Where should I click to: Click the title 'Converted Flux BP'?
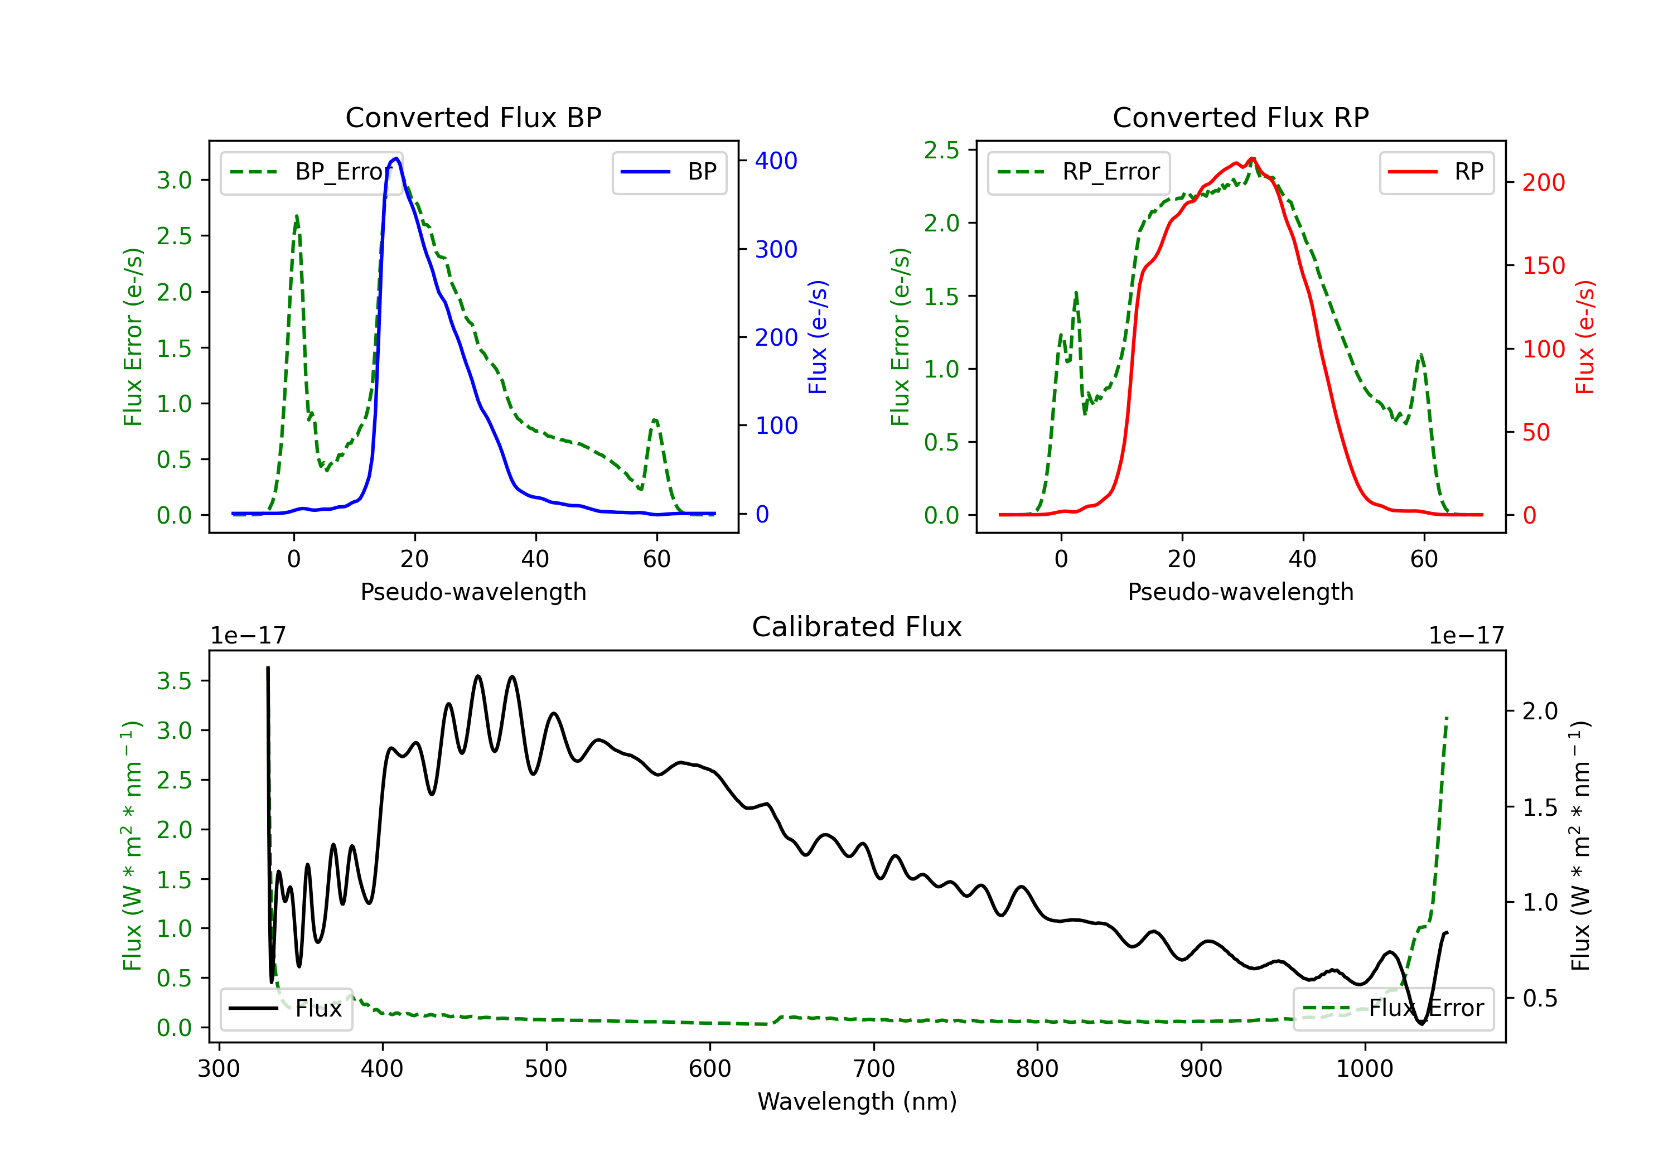473,117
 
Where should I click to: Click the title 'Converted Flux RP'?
1241,117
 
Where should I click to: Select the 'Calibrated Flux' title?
857,627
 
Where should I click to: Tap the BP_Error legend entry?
311,172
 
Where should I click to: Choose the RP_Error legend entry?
1079,172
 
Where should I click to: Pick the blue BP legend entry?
669,172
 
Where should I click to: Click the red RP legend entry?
1436,172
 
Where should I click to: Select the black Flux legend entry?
286,1009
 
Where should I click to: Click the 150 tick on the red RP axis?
1543,265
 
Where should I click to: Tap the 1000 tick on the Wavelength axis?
1365,1068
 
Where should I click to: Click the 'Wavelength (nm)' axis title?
857,1101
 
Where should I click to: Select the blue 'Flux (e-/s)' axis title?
818,337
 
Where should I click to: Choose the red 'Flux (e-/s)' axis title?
1585,337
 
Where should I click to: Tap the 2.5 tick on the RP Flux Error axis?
941,150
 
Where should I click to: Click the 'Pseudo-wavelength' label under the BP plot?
473,592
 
